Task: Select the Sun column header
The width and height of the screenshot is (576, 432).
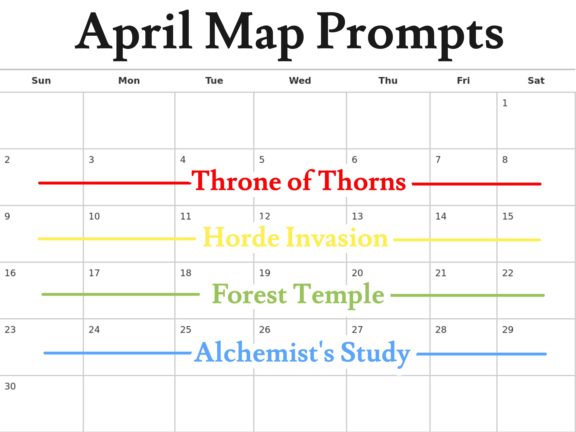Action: [41, 80]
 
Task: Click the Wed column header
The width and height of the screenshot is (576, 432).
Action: [300, 80]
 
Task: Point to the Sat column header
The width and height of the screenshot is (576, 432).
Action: [536, 80]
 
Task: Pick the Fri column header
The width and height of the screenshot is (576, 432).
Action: [463, 80]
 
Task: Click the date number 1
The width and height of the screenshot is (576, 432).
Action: [505, 103]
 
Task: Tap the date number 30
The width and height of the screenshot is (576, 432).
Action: [10, 386]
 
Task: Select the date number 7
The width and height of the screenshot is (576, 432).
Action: [438, 159]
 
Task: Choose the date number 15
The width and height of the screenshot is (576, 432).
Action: [508, 216]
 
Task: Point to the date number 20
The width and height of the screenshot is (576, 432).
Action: [357, 273]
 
